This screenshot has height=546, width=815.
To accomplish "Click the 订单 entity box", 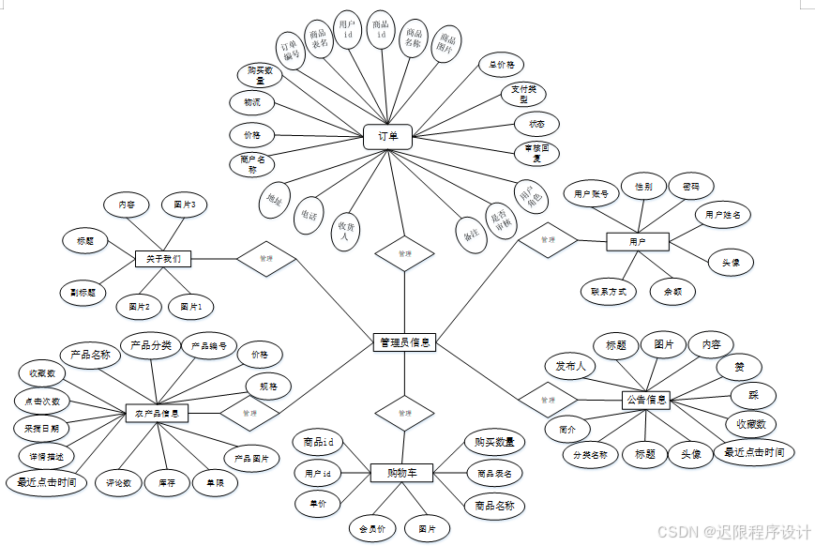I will point(388,138).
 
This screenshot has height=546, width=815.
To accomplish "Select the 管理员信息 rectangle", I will point(404,343).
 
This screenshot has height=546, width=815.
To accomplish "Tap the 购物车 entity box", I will point(401,473).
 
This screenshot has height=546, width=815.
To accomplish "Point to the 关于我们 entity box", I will point(163,258).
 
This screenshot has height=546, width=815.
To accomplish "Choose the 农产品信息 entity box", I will point(158,413).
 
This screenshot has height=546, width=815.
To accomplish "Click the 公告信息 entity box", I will point(646,401).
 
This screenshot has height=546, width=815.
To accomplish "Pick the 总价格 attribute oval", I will point(502,66).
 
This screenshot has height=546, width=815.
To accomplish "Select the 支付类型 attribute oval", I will point(524,94).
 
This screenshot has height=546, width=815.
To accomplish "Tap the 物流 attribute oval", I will point(252,101).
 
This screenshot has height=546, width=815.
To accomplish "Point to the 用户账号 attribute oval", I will point(591,194).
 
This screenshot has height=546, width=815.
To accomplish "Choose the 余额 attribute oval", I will point(672,292).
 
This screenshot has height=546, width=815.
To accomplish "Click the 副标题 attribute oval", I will point(83,292).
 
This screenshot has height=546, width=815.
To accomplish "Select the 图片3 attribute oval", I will point(185,205).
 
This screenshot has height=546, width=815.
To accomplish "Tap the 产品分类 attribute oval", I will point(150,346).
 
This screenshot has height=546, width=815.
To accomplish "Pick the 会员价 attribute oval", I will point(372,529).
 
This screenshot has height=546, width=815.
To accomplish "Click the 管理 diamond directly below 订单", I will point(404,253).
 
